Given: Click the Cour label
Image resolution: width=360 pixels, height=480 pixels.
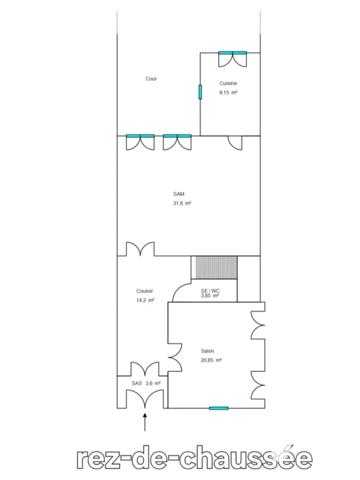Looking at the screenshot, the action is tap(151, 79).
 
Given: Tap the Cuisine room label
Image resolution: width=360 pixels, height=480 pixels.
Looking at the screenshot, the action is tap(228, 83).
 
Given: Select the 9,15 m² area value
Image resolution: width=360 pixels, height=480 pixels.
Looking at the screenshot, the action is tap(228, 92).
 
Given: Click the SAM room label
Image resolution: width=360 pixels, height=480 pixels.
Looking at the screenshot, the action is tap(179, 194).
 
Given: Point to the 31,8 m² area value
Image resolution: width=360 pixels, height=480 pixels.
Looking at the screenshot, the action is tap(182, 203).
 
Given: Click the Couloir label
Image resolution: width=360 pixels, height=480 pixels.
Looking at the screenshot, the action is tap(144, 291).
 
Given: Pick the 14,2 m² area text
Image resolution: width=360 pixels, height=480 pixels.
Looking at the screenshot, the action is tap(145, 300).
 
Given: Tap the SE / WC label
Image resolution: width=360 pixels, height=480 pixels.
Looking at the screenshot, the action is tap(210, 291).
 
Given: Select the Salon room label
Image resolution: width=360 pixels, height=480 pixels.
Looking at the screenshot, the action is tap(207, 351).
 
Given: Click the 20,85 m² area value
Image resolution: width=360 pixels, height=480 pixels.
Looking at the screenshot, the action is tap(211, 360).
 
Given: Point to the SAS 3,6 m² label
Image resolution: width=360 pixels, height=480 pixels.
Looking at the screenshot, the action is tap(146, 383).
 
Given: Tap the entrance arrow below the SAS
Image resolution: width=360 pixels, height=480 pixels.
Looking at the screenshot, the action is tap(145, 422).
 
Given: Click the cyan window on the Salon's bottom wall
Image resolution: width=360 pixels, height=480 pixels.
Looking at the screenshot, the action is tap(219, 408).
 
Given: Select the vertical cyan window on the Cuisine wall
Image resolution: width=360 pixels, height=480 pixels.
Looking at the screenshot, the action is tap(200, 92).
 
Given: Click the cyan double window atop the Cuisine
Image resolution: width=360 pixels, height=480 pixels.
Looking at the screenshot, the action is tap(232, 53).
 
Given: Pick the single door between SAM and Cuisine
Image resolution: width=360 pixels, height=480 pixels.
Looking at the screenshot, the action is tap(235, 142).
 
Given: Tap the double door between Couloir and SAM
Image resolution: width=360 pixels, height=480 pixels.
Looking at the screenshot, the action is tap(141, 249).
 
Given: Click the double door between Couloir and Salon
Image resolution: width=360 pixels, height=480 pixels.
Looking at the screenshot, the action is tap(175, 357).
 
